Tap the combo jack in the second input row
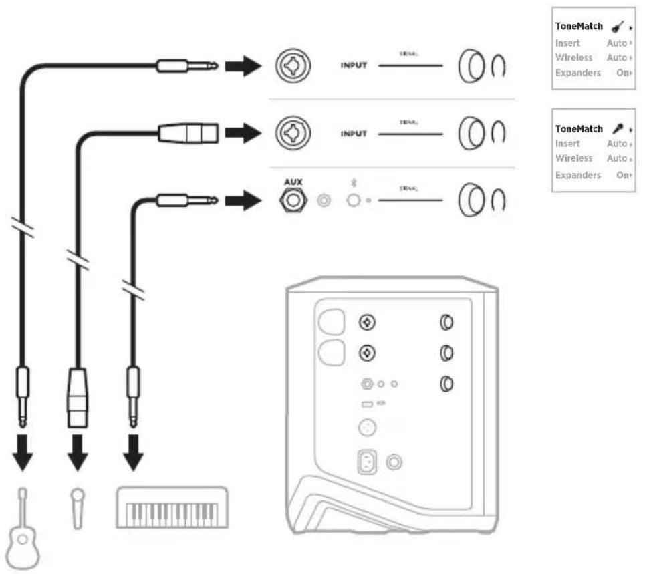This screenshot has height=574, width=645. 292,132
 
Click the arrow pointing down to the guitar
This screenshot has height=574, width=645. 23,456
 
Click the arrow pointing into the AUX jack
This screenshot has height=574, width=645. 242,200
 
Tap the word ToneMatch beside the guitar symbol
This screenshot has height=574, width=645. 579,27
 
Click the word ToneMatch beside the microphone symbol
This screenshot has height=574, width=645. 579,128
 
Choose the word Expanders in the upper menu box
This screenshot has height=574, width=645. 577,73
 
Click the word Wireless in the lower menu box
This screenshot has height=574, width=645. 573,158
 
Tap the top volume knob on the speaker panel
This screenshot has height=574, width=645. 446,323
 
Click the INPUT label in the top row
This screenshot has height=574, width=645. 354,67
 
